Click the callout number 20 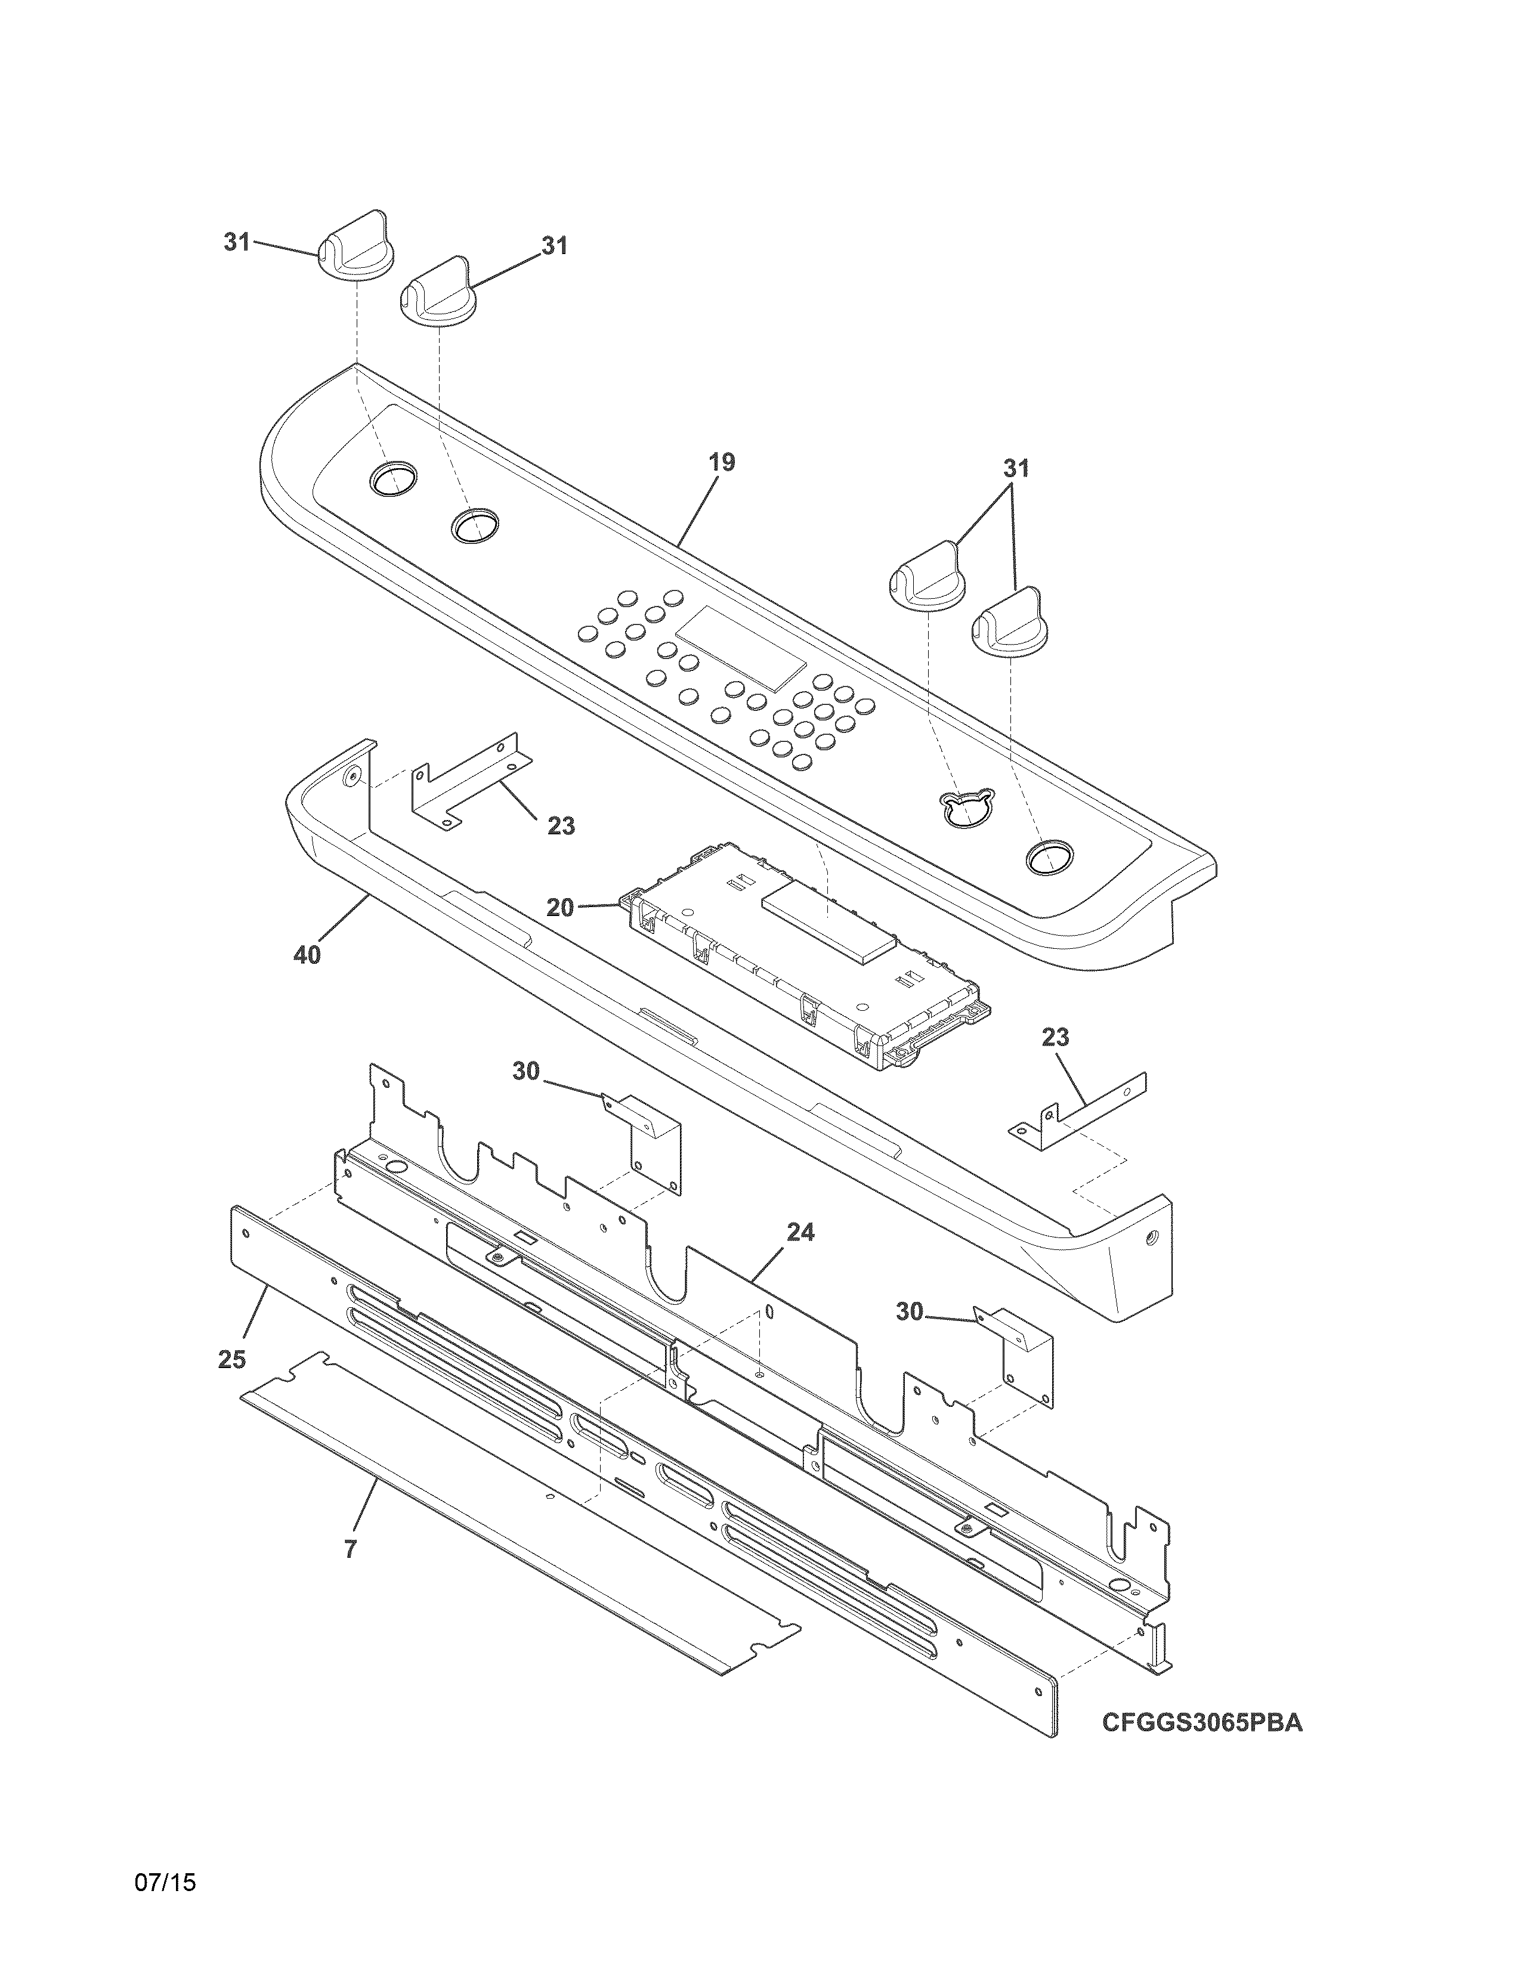coord(559,908)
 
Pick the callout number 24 coord(800,1232)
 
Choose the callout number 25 coord(231,1360)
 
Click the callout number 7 coord(351,1550)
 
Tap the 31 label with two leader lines coord(1016,469)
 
